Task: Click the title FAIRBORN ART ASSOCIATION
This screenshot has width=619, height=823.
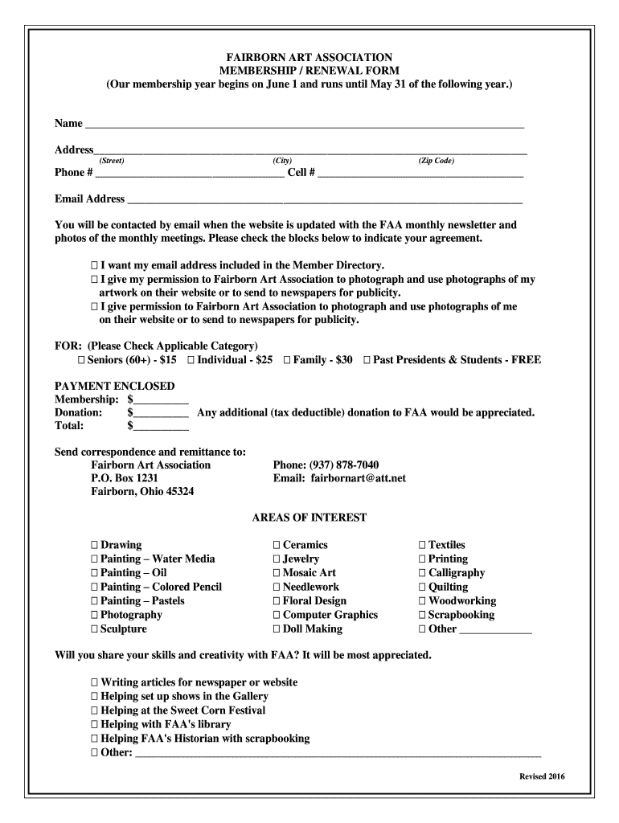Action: pyautogui.click(x=309, y=58)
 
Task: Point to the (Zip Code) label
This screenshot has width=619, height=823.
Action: pyautogui.click(x=436, y=161)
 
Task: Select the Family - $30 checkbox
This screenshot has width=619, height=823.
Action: pyautogui.click(x=287, y=360)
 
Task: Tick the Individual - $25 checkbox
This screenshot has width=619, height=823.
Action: pyautogui.click(x=191, y=360)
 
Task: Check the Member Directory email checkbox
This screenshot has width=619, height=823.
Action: pyautogui.click(x=94, y=265)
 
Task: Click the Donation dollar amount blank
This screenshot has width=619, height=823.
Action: pyautogui.click(x=161, y=413)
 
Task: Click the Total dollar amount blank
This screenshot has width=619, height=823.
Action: pyautogui.click(x=161, y=427)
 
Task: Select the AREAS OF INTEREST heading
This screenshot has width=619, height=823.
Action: pyautogui.click(x=309, y=518)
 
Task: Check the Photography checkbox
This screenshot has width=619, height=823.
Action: pyautogui.click(x=94, y=615)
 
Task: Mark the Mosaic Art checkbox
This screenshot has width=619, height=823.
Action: pyautogui.click(x=277, y=573)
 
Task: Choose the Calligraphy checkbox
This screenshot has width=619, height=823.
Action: pyautogui.click(x=422, y=573)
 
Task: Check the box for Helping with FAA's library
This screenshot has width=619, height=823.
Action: pyautogui.click(x=94, y=724)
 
